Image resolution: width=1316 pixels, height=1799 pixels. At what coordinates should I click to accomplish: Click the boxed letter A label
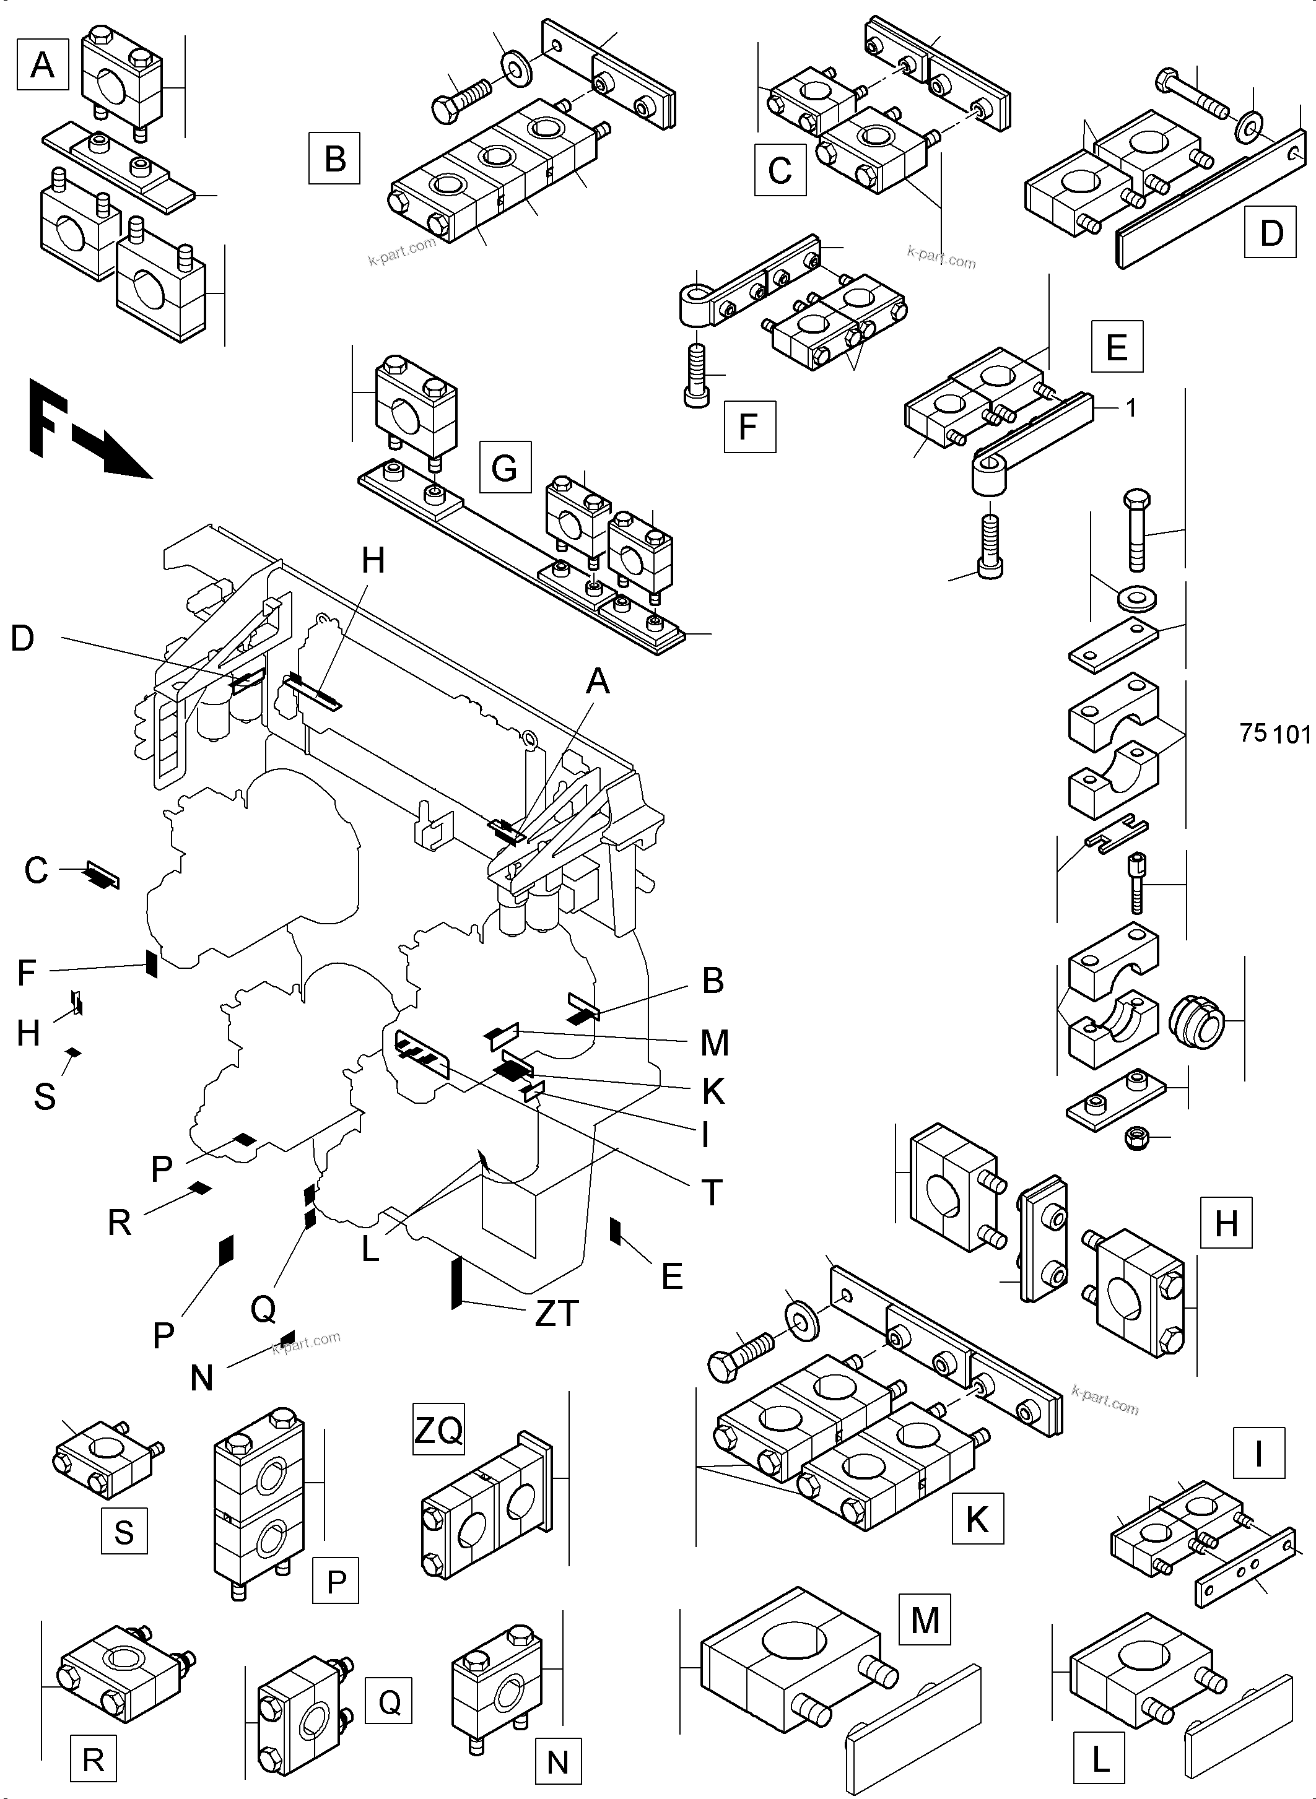(x=42, y=64)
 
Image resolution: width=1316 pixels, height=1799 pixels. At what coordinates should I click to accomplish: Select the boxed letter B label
(x=334, y=158)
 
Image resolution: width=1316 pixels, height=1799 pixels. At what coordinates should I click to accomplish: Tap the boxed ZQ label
(x=438, y=1430)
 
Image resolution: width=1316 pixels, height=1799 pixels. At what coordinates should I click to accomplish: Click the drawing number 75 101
(x=1274, y=732)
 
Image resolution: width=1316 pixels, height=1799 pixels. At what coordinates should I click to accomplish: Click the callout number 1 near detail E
(x=1130, y=408)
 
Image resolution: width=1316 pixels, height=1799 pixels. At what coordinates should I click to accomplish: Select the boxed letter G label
(x=504, y=467)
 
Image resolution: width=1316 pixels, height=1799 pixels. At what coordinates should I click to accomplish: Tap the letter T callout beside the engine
(x=712, y=1192)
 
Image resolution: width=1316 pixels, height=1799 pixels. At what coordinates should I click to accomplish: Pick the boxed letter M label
(x=925, y=1619)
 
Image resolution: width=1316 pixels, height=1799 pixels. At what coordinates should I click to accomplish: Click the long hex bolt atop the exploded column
(x=1137, y=529)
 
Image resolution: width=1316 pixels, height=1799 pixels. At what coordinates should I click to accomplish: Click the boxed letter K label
(x=977, y=1519)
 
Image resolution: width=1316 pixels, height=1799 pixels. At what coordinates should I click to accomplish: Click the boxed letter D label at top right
(x=1271, y=233)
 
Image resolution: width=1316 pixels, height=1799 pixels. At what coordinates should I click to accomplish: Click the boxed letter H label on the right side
(x=1226, y=1223)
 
